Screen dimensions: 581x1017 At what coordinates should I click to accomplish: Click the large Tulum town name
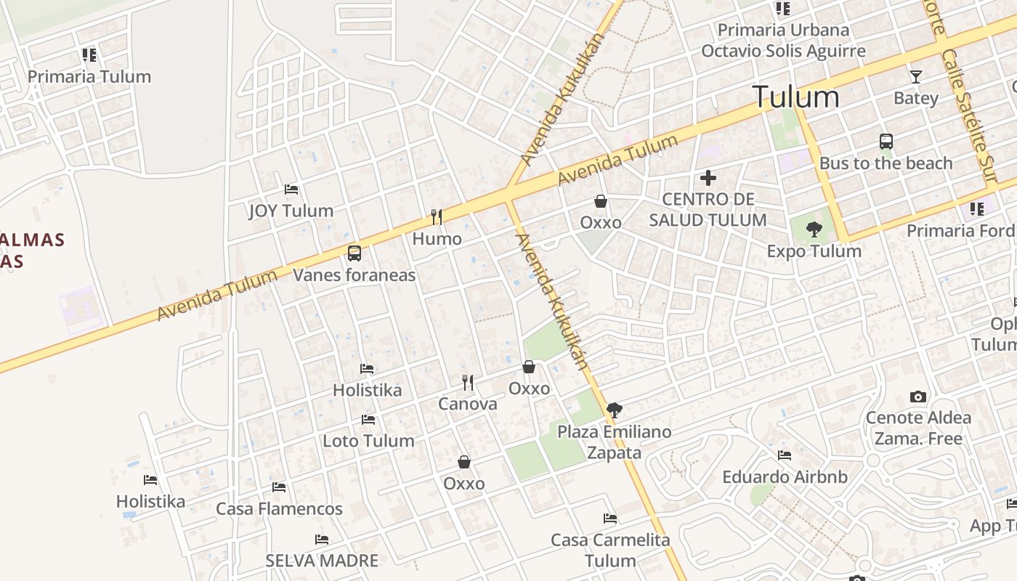pos(795,97)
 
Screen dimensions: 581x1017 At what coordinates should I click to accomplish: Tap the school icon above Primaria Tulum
pos(89,55)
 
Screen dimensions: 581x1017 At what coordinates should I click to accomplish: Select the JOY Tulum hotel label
pos(291,211)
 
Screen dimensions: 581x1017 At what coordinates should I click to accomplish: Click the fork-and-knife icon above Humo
pos(437,217)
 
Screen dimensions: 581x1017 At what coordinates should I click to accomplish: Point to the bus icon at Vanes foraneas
pos(354,253)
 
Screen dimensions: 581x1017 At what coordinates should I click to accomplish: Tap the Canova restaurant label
pos(467,404)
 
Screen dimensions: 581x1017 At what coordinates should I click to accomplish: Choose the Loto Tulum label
pos(368,441)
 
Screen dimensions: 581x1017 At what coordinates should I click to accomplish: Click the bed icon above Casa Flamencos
pos(279,487)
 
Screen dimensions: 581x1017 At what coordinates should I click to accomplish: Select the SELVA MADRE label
pos(322,561)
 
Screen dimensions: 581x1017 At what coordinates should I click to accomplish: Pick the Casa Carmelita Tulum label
pos(610,550)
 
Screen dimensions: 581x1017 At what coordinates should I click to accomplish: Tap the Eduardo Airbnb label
pos(785,477)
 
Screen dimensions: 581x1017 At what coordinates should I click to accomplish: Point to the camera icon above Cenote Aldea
pos(918,397)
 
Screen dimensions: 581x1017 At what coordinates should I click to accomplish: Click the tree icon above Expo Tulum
pos(814,230)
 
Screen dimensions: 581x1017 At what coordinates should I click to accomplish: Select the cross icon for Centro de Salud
pos(708,178)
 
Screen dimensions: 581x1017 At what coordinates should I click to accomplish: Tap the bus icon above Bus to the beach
pos(886,142)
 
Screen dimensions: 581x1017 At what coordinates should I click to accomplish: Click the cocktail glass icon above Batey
pos(916,76)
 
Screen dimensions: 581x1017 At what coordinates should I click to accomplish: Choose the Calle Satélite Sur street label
pos(969,116)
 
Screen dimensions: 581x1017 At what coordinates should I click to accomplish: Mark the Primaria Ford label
pos(960,231)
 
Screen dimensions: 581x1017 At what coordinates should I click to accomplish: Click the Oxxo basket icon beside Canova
pos(529,367)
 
